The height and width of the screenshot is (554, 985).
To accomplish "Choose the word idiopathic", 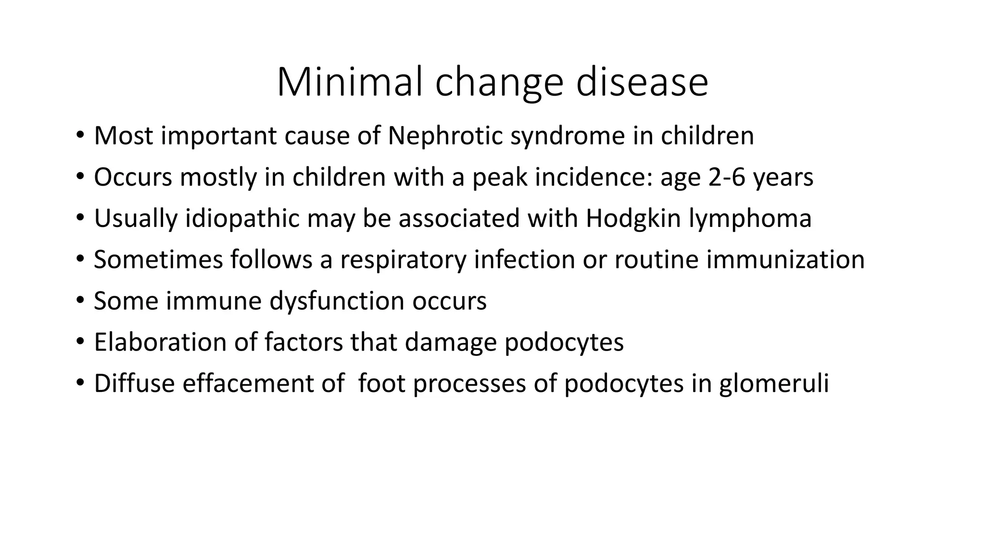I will [x=242, y=218].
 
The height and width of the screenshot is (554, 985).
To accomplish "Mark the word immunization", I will [x=785, y=260].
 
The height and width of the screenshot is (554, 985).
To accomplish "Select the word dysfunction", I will [x=336, y=301].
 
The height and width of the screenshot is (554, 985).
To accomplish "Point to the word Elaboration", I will [x=160, y=342].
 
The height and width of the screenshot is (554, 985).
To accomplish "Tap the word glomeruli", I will [x=774, y=383].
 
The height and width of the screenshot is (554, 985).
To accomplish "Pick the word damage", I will [x=450, y=343].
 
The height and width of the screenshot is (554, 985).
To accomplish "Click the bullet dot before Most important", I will [x=79, y=135].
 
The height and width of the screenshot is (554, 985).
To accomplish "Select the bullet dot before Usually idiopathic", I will [x=79, y=218].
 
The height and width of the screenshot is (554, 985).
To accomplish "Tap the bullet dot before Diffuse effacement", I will [x=79, y=383].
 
